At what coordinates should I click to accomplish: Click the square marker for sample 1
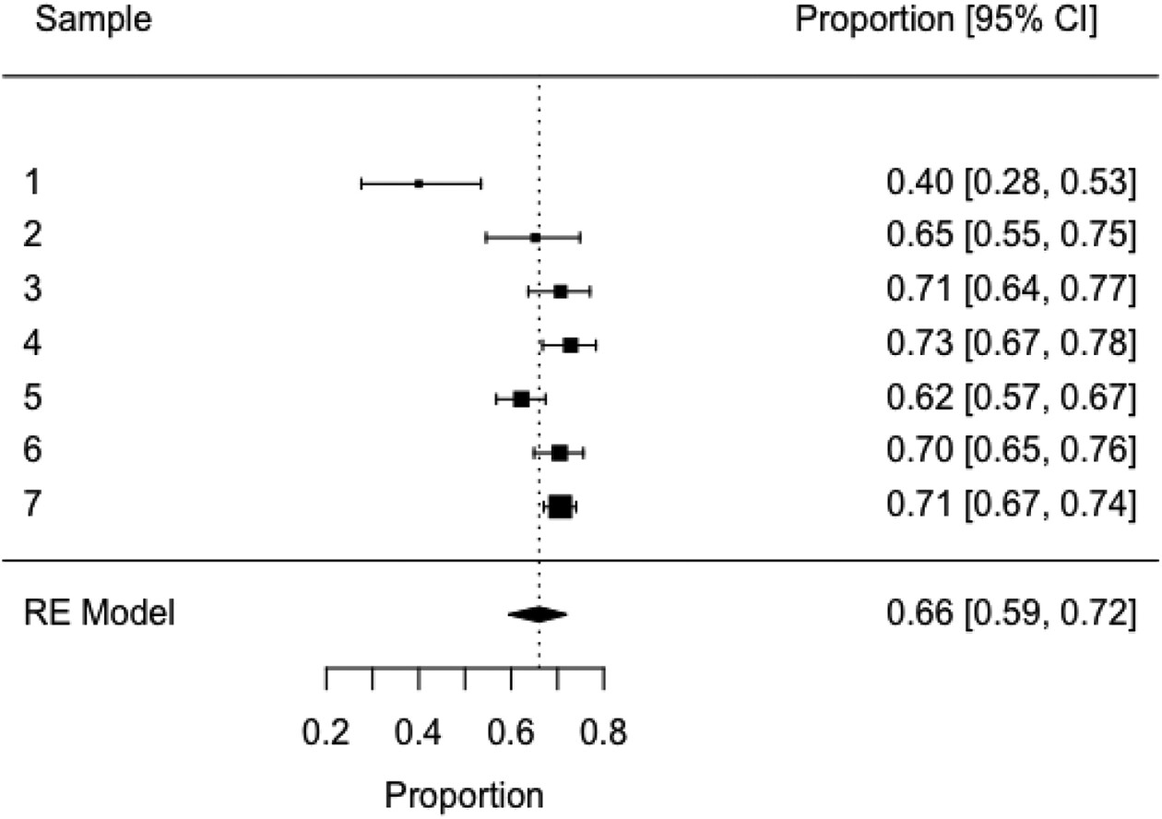point(419,184)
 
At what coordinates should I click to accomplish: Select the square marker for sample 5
point(521,399)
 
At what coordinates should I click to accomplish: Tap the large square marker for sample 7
point(560,506)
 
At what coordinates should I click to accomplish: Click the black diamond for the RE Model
point(538,613)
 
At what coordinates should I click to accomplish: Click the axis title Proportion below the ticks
point(464,794)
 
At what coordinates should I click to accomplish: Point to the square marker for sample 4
point(571,345)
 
